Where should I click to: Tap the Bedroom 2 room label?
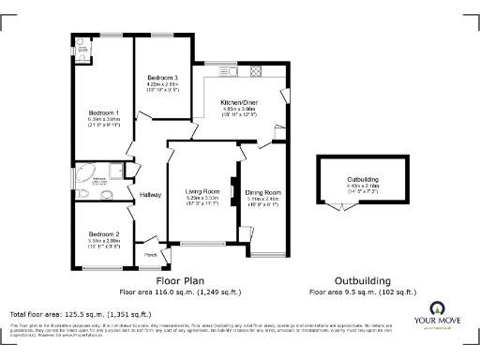click(104, 233)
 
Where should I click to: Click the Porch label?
click(150, 253)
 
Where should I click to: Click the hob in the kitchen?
click(255, 70)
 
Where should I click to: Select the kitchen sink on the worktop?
click(226, 70)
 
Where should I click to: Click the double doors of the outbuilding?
click(338, 208)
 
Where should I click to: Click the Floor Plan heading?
click(181, 280)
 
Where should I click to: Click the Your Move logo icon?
click(436, 307)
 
